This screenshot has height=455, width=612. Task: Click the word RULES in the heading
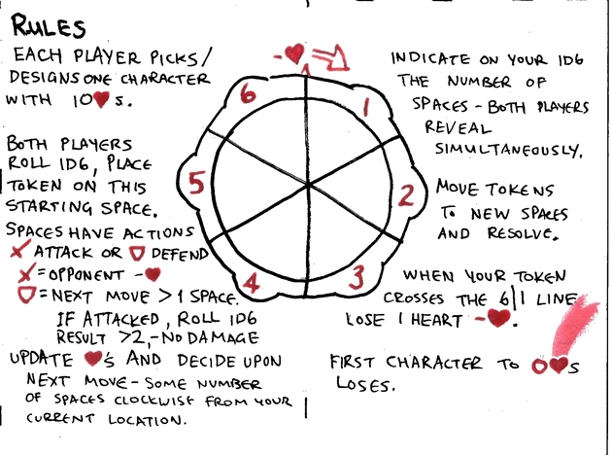(x=49, y=26)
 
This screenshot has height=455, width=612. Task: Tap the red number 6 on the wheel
(x=249, y=93)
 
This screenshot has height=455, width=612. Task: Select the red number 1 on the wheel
(x=366, y=107)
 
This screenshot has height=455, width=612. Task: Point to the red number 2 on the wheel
(x=406, y=196)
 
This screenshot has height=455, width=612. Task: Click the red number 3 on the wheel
(x=357, y=277)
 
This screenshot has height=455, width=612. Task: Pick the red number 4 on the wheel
(x=251, y=284)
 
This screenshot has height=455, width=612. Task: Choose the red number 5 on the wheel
(x=196, y=184)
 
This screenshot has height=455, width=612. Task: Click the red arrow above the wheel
(x=330, y=58)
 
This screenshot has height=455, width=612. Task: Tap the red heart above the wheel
(x=294, y=53)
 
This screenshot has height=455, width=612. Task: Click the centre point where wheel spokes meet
(x=308, y=185)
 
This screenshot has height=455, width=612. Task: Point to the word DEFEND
(x=180, y=255)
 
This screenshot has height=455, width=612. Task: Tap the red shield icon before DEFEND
(x=137, y=254)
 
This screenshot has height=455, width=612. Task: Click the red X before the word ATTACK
(x=19, y=250)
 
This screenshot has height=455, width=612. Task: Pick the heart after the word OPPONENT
(x=153, y=274)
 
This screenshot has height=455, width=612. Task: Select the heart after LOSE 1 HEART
(x=498, y=318)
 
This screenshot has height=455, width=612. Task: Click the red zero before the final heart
(x=539, y=367)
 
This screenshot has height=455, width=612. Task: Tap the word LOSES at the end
(x=365, y=384)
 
